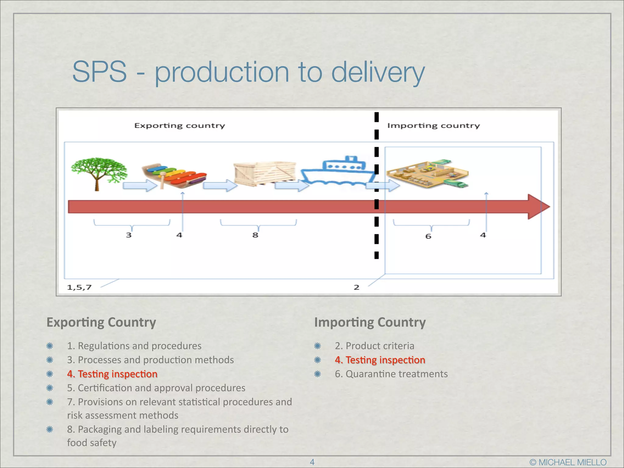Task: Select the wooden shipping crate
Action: (x=264, y=174)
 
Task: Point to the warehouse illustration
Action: (x=428, y=174)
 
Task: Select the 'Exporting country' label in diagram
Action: (x=179, y=126)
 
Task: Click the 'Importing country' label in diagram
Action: (x=433, y=126)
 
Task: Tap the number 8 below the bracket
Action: (x=255, y=235)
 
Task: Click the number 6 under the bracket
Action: (x=428, y=236)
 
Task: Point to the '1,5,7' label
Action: (x=79, y=287)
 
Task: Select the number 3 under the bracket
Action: (x=129, y=235)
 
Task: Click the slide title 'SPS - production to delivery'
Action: (x=248, y=72)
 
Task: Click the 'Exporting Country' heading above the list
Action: (x=101, y=322)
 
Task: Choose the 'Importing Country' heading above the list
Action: (x=370, y=322)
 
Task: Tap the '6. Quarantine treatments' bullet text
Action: (x=391, y=374)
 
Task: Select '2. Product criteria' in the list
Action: (x=374, y=346)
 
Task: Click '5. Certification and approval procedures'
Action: (x=156, y=388)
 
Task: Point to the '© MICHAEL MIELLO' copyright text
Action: (x=568, y=462)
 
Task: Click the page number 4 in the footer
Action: (x=312, y=462)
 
